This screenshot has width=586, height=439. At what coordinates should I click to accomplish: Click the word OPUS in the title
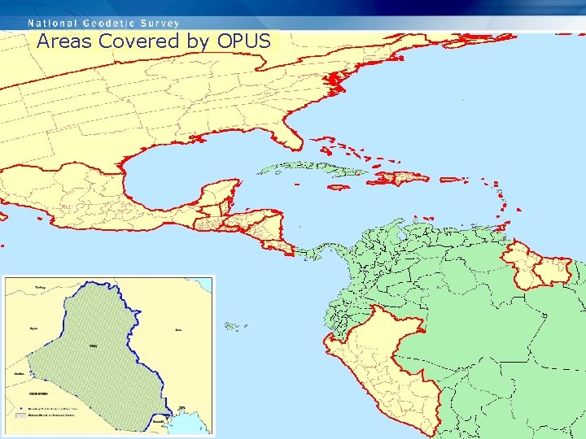(243, 41)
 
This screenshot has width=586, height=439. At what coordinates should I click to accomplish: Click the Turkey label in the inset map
(40, 288)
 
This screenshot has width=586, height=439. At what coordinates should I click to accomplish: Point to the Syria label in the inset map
(33, 328)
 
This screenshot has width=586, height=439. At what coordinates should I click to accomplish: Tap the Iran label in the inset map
(178, 330)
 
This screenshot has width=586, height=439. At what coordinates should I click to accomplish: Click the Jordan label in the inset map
(19, 374)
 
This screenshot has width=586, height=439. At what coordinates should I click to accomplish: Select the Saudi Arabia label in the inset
(38, 393)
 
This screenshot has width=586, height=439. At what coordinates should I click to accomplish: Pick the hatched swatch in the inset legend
(21, 415)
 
